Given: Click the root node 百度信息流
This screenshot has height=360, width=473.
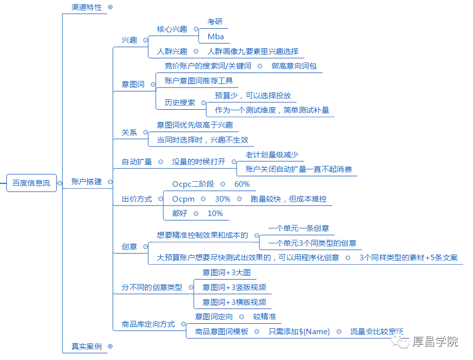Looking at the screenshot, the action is click(x=31, y=183).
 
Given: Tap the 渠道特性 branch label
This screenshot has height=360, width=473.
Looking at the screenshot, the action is click(x=86, y=7).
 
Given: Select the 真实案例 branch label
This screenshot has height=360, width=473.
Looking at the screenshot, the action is click(x=86, y=347).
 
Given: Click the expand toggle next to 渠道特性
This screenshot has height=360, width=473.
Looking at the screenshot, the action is click(x=110, y=7).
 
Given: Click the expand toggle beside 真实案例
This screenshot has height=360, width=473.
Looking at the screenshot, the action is click(x=110, y=347).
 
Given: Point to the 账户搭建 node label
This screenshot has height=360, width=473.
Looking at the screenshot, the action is click(x=86, y=182).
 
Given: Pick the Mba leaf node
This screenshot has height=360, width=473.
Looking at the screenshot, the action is click(x=216, y=37).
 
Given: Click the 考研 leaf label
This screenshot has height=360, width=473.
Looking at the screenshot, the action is click(x=215, y=22).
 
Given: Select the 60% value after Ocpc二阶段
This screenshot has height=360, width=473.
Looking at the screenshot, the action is click(x=242, y=184).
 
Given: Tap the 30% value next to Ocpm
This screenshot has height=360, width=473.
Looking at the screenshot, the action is click(x=223, y=199).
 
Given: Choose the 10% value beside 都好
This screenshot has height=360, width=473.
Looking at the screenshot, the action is click(x=215, y=214).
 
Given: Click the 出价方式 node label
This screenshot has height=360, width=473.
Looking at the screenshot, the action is click(x=136, y=199).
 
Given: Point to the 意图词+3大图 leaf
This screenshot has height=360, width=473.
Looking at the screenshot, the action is click(x=226, y=273).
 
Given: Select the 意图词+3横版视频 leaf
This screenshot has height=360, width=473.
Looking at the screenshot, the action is click(x=234, y=302).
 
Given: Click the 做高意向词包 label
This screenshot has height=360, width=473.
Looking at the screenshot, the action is click(x=294, y=66).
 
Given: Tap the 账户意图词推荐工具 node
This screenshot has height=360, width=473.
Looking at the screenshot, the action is click(x=199, y=80).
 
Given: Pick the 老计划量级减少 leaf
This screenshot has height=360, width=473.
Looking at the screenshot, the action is click(x=272, y=155).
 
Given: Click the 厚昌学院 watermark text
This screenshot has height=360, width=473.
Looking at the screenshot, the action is click(x=435, y=342).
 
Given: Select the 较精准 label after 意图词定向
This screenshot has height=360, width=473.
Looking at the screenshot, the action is click(x=265, y=316).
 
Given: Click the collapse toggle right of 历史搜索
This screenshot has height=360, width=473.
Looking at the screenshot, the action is click(x=203, y=103).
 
